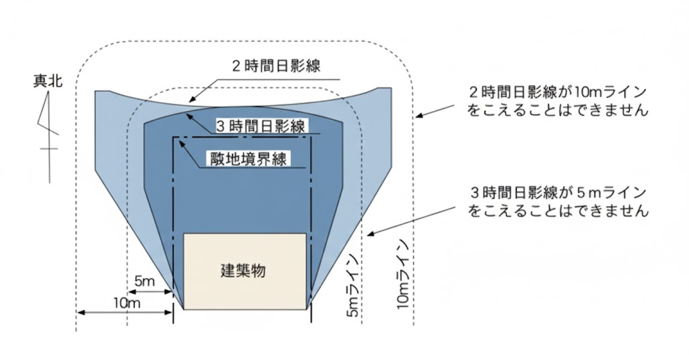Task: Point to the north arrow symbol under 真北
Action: tap(48, 124)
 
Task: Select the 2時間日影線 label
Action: tap(275, 66)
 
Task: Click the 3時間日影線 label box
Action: tap(261, 126)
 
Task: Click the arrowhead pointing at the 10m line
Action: tap(419, 116)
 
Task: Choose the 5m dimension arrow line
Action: tap(149, 291)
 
